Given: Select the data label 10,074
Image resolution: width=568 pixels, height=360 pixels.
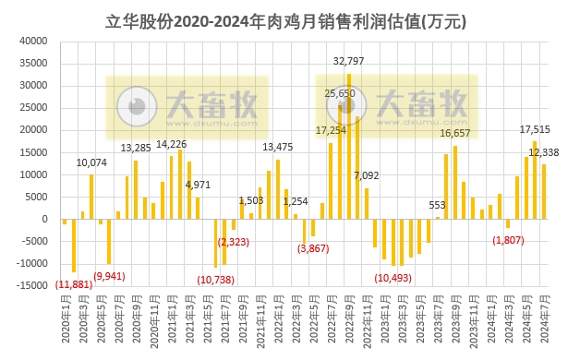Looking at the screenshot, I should point(91,162).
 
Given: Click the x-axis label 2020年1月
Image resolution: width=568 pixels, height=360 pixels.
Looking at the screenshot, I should point(65,323).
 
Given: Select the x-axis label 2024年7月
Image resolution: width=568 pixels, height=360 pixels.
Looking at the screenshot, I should point(544,323).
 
